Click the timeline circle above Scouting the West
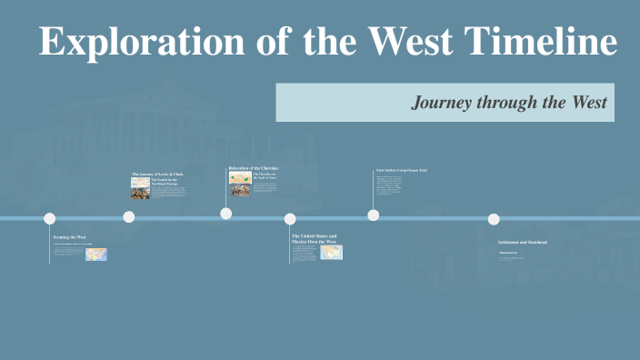point(50,218)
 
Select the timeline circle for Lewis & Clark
point(129,216)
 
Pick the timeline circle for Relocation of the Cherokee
point(225,214)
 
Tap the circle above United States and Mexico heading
point(290,218)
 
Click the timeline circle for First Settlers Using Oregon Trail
point(374,215)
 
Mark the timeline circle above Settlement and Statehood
point(494,219)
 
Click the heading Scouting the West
point(70,236)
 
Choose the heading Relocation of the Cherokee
point(254,168)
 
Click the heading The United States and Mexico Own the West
point(314,239)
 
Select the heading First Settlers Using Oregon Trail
point(401,170)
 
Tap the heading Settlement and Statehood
point(524,243)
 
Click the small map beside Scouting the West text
point(96,255)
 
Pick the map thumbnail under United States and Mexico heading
point(331,253)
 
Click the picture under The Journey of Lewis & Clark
point(140,187)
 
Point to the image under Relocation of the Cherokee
point(240,183)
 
